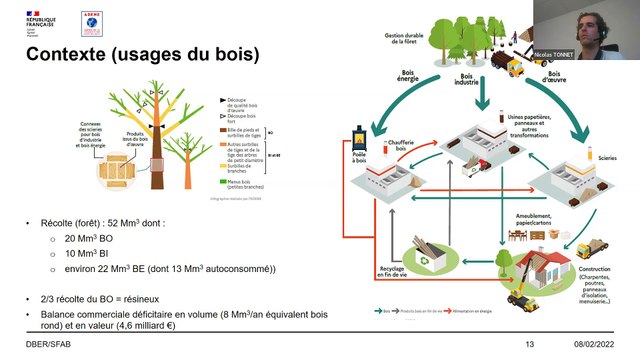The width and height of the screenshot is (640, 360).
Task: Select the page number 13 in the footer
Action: click(x=531, y=344)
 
